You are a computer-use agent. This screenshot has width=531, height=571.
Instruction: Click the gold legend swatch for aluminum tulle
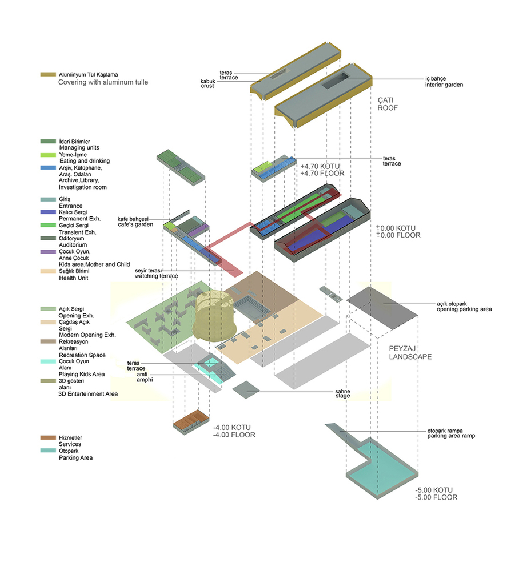point(48,74)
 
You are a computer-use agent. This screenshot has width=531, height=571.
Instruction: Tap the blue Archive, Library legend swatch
point(48,168)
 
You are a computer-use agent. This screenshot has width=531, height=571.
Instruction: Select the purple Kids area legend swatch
point(48,252)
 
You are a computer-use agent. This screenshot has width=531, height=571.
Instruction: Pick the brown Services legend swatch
point(48,437)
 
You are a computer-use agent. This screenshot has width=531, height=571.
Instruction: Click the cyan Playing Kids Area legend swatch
point(48,361)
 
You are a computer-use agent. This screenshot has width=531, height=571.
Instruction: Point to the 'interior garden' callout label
point(444,85)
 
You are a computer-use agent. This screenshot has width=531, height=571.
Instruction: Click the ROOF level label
point(388,108)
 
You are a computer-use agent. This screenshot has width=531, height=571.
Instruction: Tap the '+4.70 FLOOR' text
point(322,174)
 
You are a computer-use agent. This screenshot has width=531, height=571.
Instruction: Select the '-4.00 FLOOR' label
point(234,435)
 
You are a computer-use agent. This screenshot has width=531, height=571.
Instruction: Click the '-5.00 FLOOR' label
point(436,497)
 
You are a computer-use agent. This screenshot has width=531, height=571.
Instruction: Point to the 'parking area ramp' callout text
point(451,436)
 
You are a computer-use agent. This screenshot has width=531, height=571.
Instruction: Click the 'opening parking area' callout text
point(464,309)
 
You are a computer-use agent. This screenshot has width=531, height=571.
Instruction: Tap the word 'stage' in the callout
point(342,396)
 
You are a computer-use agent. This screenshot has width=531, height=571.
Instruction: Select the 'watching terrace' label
point(157,276)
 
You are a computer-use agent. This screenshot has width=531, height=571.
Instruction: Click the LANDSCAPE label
point(410,357)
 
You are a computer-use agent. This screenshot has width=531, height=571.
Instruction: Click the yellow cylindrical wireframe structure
point(214,315)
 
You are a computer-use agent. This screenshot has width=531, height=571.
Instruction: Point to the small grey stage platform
point(246,389)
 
